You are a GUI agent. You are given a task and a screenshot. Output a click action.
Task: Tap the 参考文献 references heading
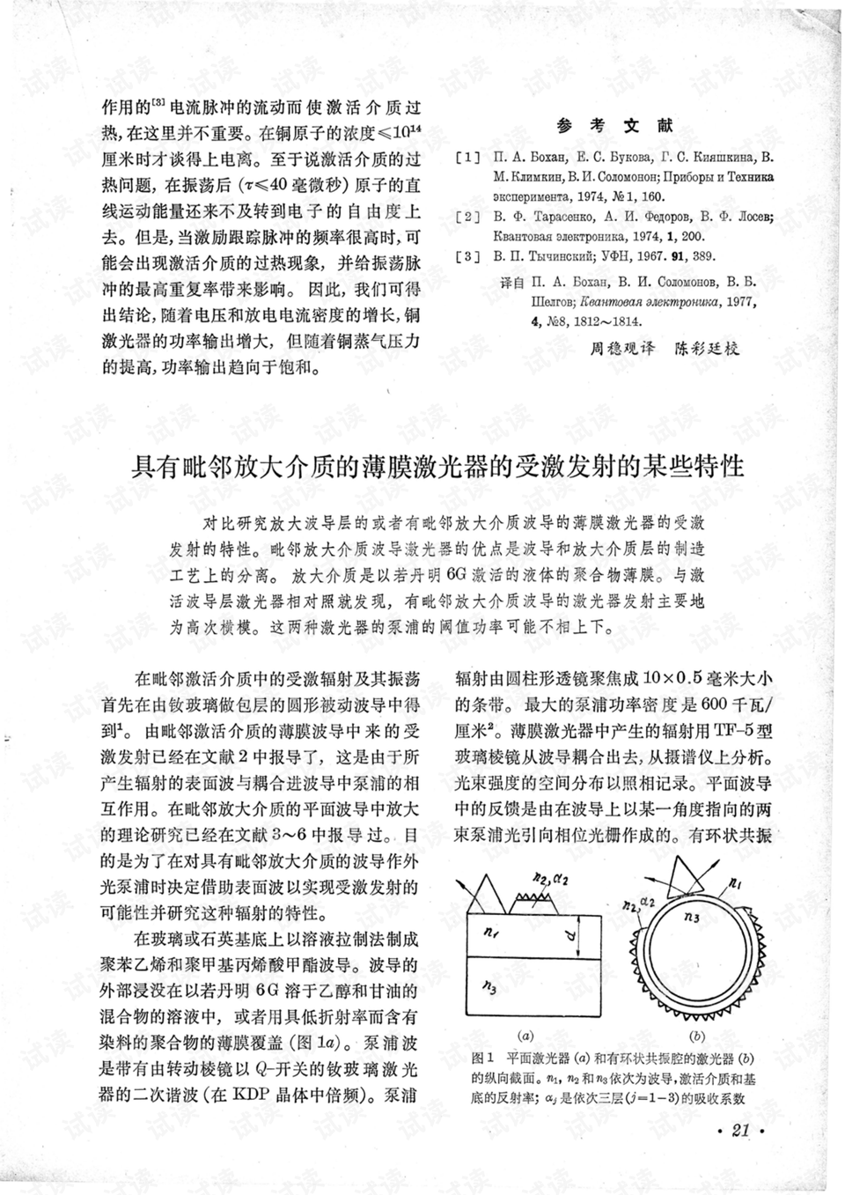tap(615, 126)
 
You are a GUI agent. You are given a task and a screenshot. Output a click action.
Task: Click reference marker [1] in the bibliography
tap(467, 158)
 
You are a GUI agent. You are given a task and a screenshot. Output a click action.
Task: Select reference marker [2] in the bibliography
tap(467, 217)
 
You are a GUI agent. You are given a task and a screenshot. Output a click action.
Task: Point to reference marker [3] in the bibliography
tap(467, 256)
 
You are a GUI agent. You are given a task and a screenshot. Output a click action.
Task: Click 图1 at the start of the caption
tap(481, 1058)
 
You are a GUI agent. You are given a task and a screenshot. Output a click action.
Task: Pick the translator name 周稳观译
tap(623, 347)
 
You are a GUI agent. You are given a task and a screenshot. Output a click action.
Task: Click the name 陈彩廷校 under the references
tap(708, 347)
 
